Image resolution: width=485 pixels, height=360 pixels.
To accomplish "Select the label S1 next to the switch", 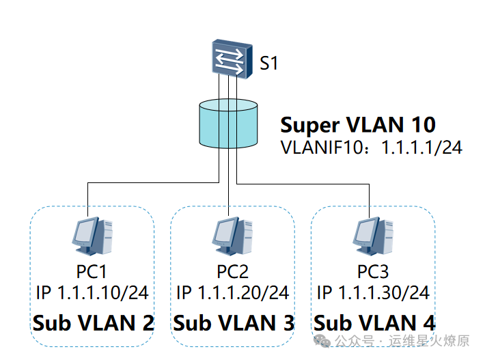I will (269, 64).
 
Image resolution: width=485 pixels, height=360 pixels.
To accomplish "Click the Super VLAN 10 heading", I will (358, 125).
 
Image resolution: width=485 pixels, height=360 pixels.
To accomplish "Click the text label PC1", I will (92, 271).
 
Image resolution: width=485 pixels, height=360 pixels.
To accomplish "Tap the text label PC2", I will (232, 271).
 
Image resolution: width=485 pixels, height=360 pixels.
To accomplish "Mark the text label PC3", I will (373, 271).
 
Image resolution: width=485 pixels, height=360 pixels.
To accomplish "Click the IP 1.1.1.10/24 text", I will (92, 293).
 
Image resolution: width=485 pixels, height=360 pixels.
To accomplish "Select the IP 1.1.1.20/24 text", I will (232, 293).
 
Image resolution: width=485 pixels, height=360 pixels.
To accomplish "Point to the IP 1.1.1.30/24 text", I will (373, 293).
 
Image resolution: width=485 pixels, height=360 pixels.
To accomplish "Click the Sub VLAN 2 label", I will (93, 322).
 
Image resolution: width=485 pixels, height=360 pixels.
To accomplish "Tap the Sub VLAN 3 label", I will (234, 322).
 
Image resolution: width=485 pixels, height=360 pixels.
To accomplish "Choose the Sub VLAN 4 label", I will (374, 322).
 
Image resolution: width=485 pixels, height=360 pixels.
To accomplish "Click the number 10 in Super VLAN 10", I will (421, 125).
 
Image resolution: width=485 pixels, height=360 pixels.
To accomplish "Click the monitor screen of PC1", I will (85, 232).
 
